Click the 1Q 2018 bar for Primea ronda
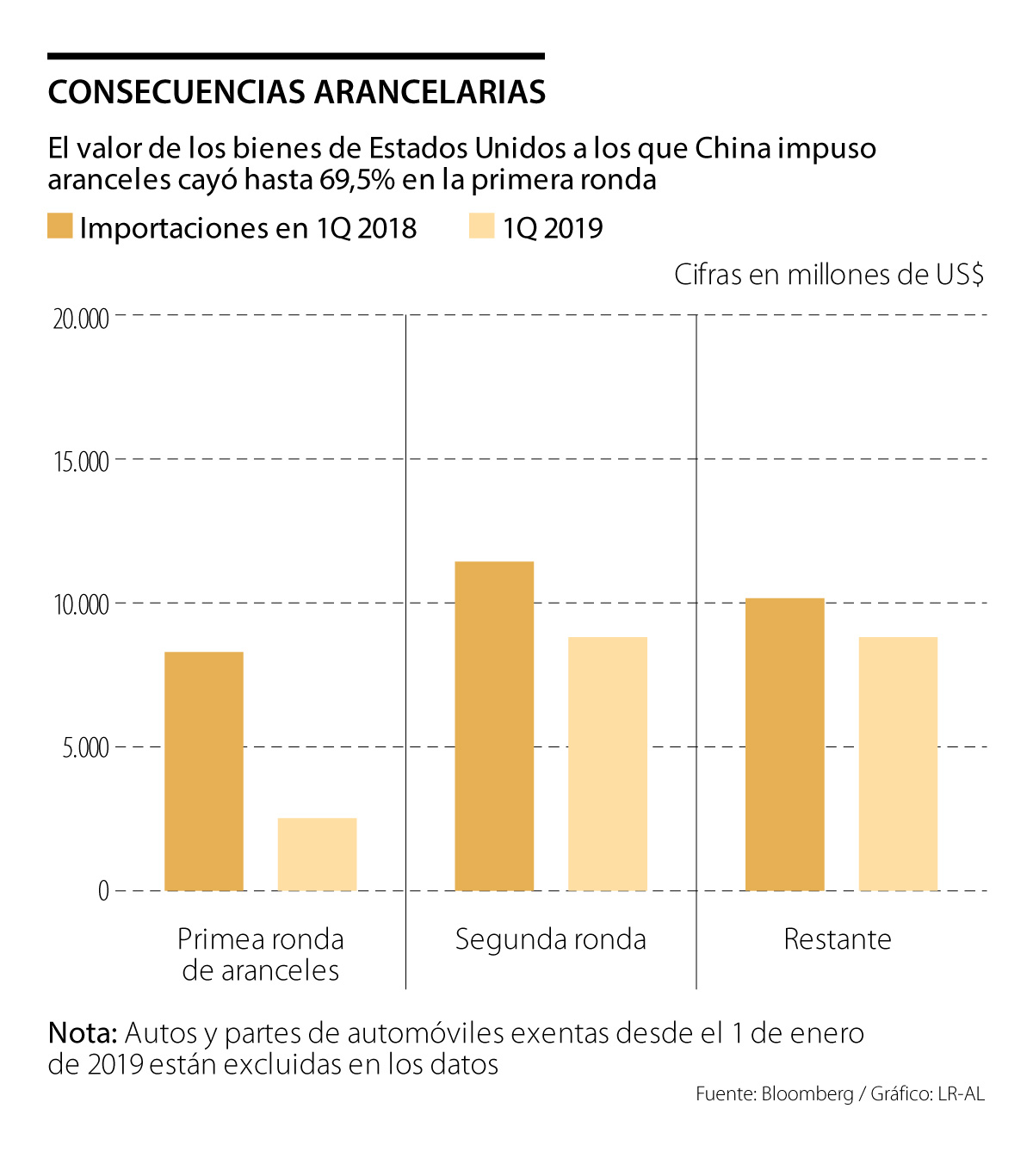click(x=204, y=771)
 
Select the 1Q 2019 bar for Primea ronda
click(x=317, y=853)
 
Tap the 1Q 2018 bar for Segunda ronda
click(x=494, y=725)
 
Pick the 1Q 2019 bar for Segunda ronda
click(x=608, y=763)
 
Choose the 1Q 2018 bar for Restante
click(x=784, y=744)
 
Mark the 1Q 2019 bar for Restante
click(x=898, y=763)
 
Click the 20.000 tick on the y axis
click(x=81, y=319)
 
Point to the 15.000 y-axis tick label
click(x=81, y=461)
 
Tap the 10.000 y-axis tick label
click(x=81, y=604)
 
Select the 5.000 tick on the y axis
click(x=85, y=747)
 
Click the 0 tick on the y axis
click(x=103, y=890)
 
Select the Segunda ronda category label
click(x=550, y=938)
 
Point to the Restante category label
click(x=837, y=938)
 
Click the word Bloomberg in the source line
click(x=807, y=1094)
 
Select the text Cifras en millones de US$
click(x=828, y=275)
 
